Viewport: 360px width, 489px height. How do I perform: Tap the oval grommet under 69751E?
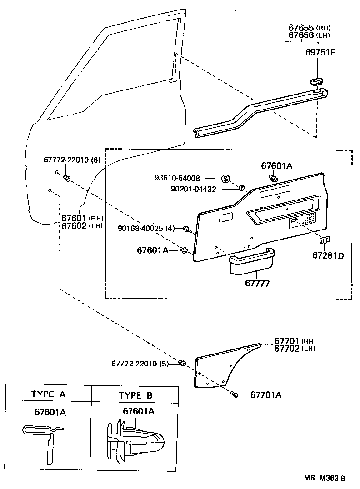click(315, 81)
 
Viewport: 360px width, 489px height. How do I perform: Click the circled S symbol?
click(225, 179)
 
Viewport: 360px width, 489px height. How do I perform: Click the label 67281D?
click(328, 255)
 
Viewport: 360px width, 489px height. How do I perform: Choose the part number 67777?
click(257, 283)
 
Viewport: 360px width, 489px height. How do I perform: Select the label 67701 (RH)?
click(295, 341)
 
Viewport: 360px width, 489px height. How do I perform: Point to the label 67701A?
click(266, 395)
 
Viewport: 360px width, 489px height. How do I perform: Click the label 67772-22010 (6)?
click(71, 160)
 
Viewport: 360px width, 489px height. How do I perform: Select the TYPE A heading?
click(49, 394)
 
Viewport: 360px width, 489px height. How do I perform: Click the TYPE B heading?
click(135, 395)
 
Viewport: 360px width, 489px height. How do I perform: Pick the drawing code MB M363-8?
click(325, 478)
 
